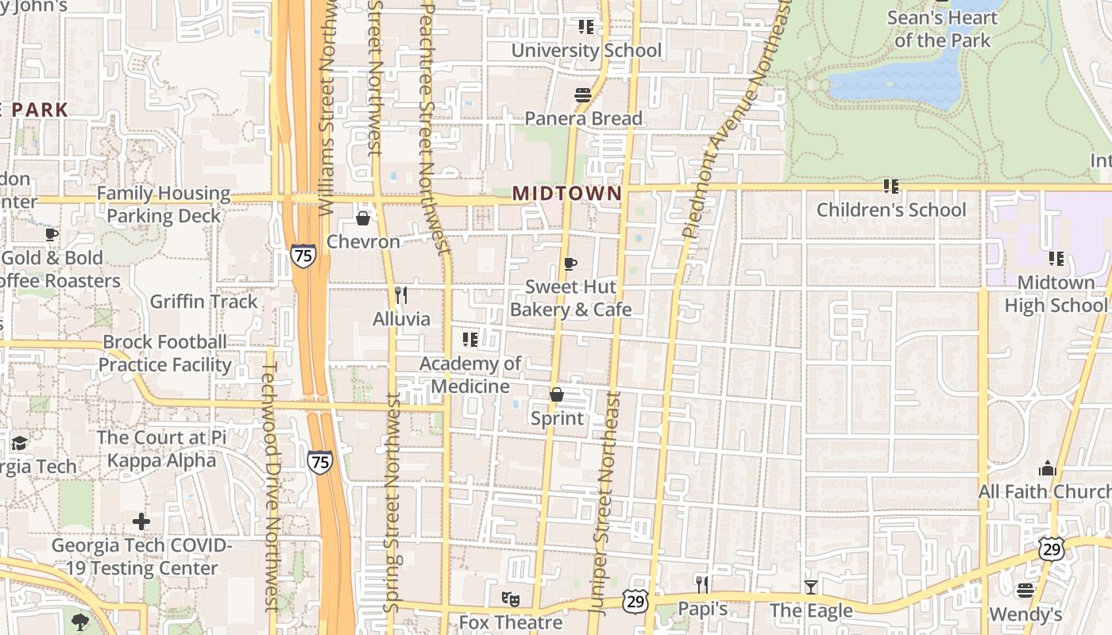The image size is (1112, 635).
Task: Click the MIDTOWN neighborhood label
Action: [x=566, y=194]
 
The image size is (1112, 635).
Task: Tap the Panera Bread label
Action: [x=583, y=119]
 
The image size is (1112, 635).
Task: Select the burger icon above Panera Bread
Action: [x=583, y=96]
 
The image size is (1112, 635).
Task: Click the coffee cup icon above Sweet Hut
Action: [x=570, y=264]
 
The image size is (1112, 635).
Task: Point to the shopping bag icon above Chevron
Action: [x=363, y=218]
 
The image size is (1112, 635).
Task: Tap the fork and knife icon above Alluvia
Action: [x=401, y=295]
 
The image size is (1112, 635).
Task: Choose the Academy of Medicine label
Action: [x=469, y=375]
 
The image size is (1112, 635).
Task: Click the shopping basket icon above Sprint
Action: [x=557, y=394]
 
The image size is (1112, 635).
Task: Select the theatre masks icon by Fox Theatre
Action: [x=509, y=600]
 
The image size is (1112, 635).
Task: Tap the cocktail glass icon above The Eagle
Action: [x=810, y=587]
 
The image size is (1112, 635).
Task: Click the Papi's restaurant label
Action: [x=702, y=609]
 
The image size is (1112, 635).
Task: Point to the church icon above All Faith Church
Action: [x=1047, y=468]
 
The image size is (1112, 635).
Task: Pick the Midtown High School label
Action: [x=1055, y=294]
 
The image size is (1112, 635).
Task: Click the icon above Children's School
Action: [x=891, y=187]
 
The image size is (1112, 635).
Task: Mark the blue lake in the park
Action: [x=898, y=79]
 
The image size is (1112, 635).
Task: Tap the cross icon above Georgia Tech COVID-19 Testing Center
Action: [x=141, y=521]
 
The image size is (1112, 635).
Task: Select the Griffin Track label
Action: [x=204, y=302]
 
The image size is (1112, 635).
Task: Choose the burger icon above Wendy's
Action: [x=1025, y=591]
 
